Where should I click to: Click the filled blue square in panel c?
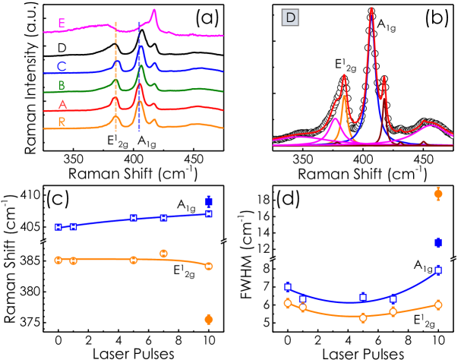coord(209,201)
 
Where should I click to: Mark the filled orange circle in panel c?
coord(209,320)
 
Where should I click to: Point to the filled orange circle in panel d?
coord(437,194)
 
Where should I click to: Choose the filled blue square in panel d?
coord(437,242)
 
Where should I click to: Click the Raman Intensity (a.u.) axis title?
coord(11,76)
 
